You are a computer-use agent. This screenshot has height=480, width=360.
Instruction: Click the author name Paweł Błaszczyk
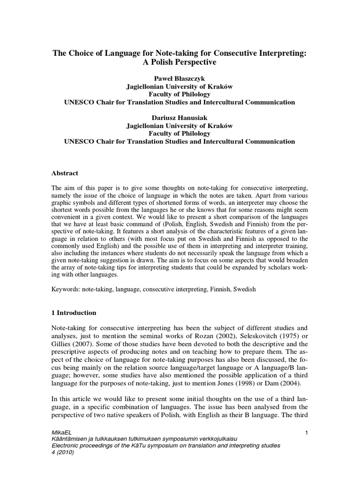[x=180, y=78]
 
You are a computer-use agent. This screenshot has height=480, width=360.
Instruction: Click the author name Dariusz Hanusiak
[x=180, y=118]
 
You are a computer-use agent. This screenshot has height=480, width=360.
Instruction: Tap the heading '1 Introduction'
[x=74, y=313]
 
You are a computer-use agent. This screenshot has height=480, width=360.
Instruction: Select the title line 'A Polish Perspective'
[x=180, y=61]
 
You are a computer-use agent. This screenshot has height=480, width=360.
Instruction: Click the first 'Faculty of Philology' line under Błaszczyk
[x=180, y=94]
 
